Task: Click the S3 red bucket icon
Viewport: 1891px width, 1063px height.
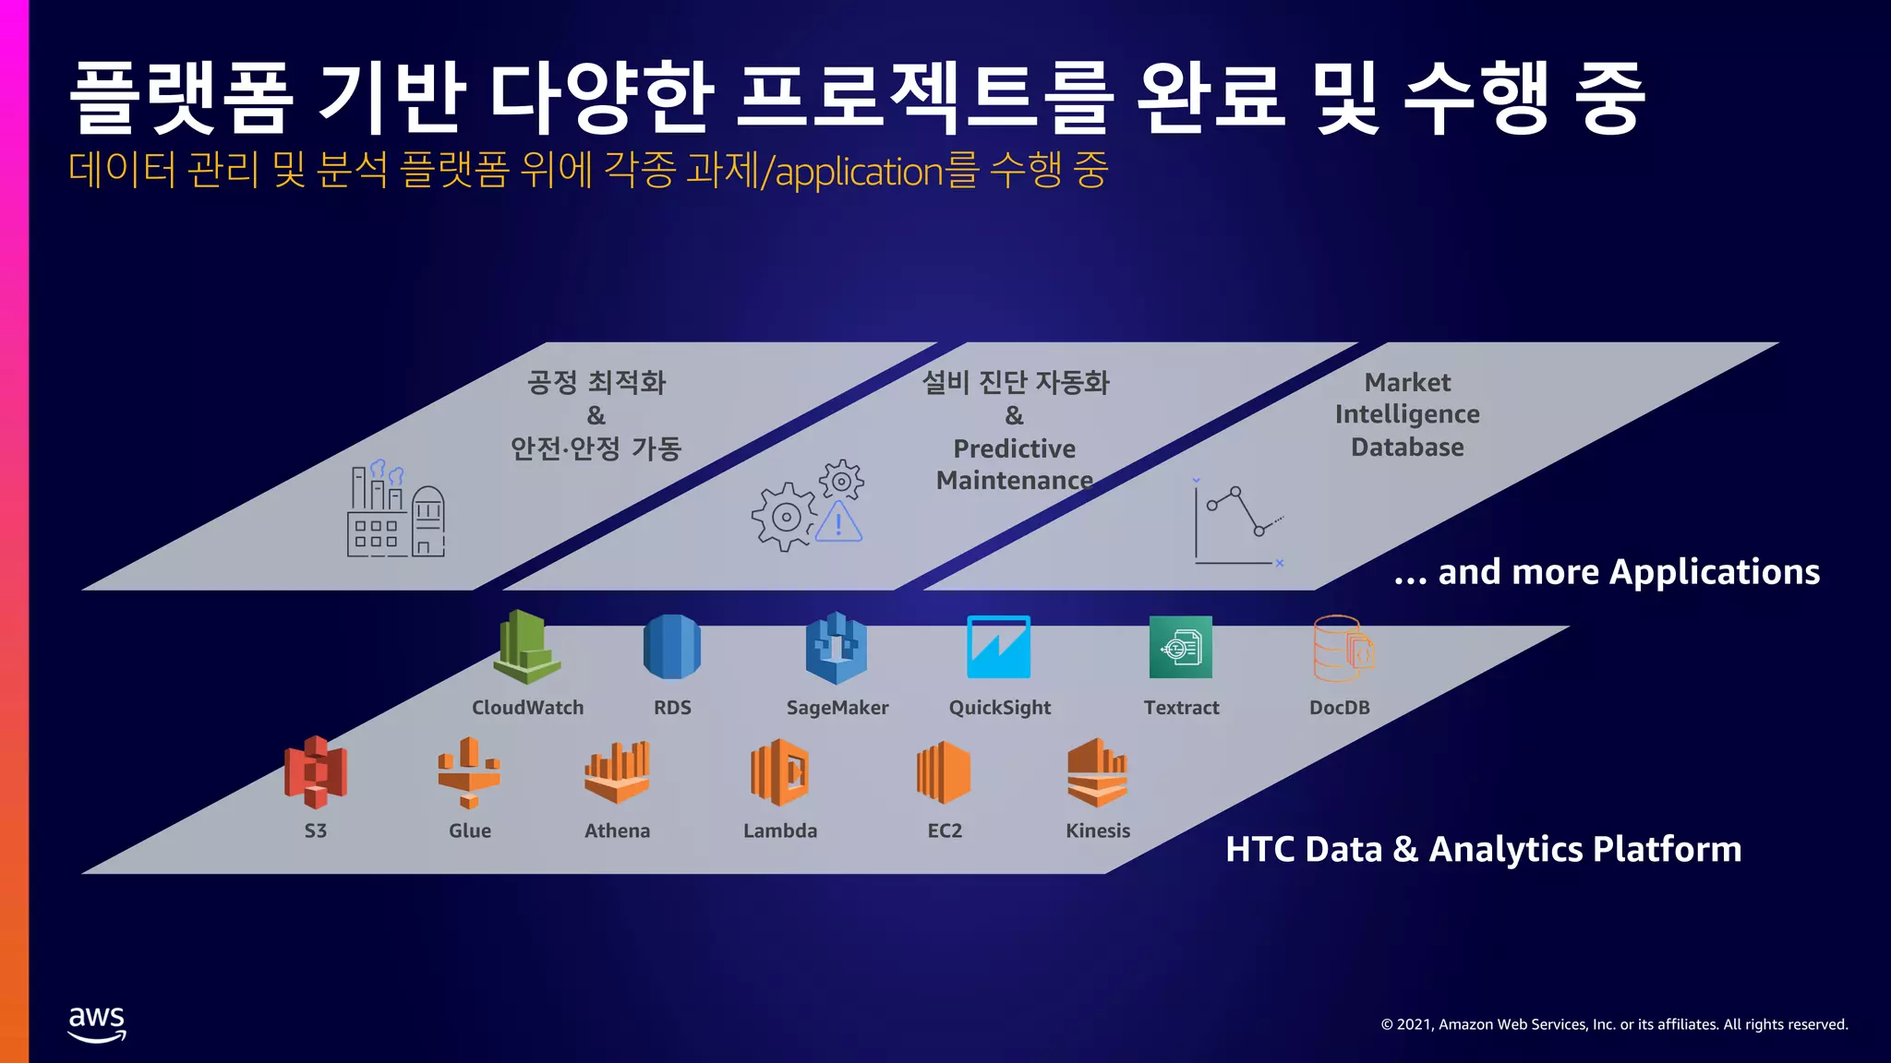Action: [x=315, y=771]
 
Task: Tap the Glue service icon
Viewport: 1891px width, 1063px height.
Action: [x=469, y=771]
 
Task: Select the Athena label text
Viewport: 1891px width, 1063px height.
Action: [x=617, y=830]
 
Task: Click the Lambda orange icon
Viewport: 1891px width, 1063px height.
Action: [x=780, y=771]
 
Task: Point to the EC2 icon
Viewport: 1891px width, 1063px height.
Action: [x=944, y=771]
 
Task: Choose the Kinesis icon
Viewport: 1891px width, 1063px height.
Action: [x=1098, y=771]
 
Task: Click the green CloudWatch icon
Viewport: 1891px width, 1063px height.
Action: [x=526, y=647]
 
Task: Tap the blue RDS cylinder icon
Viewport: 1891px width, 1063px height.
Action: [x=672, y=647]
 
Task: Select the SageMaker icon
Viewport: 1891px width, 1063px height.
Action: [x=837, y=647]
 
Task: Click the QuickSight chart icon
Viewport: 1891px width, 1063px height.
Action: [x=998, y=647]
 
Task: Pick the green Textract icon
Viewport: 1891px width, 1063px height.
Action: [x=1181, y=647]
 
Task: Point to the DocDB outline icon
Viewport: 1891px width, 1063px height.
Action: [x=1343, y=649]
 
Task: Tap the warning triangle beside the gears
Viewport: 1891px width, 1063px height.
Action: [x=839, y=522]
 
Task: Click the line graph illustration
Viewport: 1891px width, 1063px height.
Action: [x=1237, y=522]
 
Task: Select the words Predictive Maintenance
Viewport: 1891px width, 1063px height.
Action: [x=1014, y=464]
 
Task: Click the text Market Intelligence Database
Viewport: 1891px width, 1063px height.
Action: [x=1407, y=414]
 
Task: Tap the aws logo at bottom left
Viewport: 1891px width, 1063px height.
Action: [x=97, y=1023]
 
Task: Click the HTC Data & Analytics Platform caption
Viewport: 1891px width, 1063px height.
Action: [x=1483, y=849]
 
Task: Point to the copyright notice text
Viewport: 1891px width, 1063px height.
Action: [x=1614, y=1024]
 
